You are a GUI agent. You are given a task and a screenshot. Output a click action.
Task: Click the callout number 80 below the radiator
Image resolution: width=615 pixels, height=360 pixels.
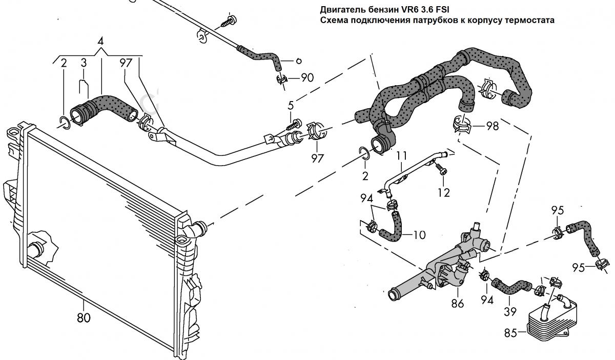click(x=84, y=317)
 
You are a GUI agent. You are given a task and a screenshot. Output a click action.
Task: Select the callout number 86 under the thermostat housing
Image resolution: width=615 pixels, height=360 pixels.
click(x=457, y=304)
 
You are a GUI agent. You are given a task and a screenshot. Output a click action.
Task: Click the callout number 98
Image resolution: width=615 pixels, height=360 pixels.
click(x=492, y=126)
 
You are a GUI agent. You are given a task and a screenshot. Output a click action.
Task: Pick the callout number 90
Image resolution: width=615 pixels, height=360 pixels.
click(x=307, y=77)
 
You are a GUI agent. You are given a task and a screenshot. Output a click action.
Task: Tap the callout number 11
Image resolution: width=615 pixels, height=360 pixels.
click(x=401, y=154)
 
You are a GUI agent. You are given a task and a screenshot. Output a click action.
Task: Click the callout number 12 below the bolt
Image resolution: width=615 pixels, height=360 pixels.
click(x=444, y=192)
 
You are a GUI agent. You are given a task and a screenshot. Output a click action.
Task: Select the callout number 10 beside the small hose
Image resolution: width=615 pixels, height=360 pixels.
click(x=419, y=235)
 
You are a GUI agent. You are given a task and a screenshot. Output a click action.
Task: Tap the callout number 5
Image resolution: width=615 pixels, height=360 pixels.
click(x=291, y=106)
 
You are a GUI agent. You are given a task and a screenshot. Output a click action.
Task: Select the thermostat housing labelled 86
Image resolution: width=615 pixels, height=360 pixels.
click(x=451, y=262)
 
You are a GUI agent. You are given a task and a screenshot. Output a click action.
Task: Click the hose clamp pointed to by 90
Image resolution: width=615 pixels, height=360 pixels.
click(x=280, y=79)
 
